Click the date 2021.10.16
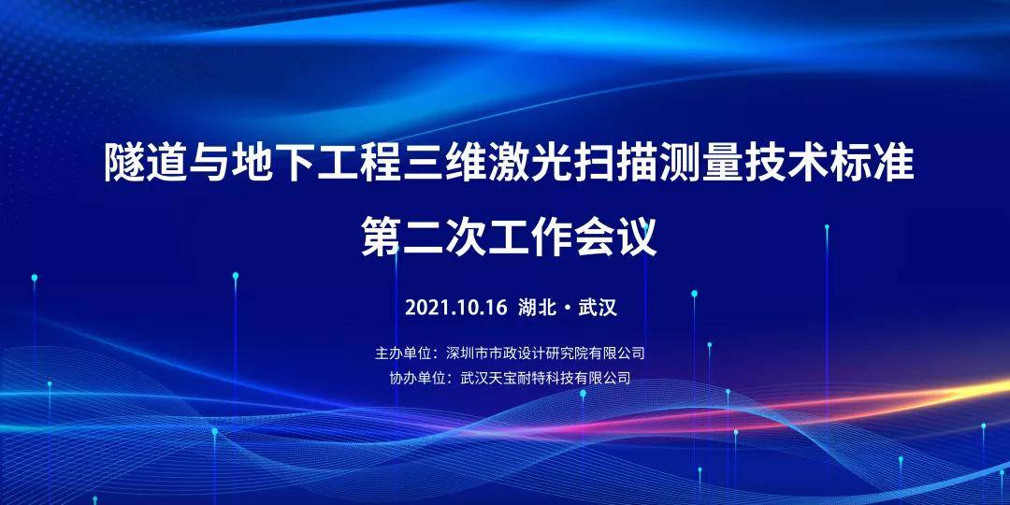coord(456,308)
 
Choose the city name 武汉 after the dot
coord(598,308)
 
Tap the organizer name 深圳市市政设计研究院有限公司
coord(545,353)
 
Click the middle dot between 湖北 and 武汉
coord(568,308)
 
